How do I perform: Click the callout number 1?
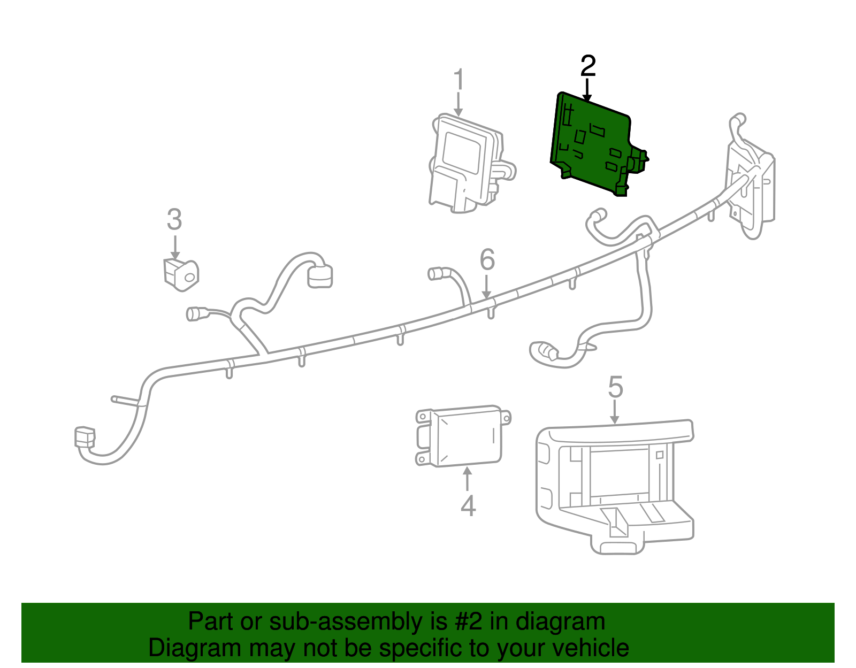click(458, 80)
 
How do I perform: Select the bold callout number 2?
click(588, 66)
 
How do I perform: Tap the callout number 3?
click(174, 220)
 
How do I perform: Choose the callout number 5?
click(616, 387)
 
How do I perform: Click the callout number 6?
click(487, 259)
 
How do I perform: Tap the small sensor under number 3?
click(181, 275)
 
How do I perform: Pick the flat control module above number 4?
click(463, 436)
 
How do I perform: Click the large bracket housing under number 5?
click(615, 486)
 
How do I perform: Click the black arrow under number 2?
click(587, 90)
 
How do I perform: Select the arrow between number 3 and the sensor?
click(175, 248)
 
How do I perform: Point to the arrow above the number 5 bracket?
click(614, 412)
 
